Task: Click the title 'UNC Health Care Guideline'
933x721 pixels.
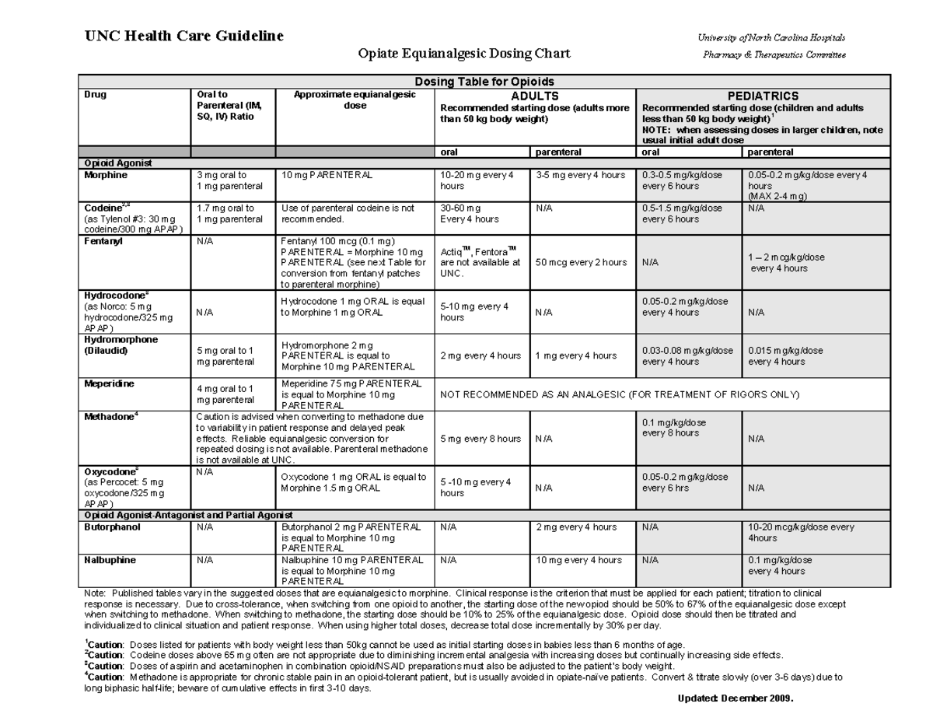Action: point(183,36)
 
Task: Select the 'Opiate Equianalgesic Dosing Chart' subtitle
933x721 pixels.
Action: point(463,54)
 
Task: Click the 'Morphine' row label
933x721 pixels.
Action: point(105,175)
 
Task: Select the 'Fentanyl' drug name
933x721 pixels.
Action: point(102,241)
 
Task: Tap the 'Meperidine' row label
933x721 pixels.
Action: point(109,384)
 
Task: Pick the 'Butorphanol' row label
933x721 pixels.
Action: point(110,527)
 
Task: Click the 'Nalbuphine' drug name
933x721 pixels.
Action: point(110,560)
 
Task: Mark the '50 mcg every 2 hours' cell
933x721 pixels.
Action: point(582,262)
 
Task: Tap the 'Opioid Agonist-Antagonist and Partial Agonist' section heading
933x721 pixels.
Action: point(187,515)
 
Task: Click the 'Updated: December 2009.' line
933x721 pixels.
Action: point(735,698)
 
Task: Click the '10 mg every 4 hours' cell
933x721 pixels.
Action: point(578,560)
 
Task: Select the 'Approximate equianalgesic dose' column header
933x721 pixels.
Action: point(355,100)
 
